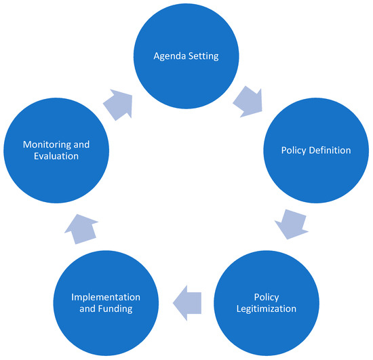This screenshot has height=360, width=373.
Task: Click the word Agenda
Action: pos(170,56)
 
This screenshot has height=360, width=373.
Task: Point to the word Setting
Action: pos(203,56)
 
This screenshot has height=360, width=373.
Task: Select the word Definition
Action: pos(329,151)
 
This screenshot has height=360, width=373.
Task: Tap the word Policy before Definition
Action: pos(294,151)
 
